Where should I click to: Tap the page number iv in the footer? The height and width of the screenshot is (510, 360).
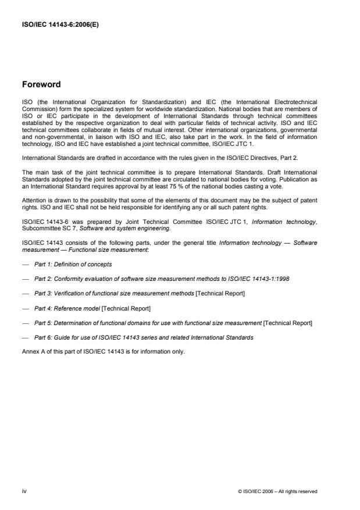(x=24, y=491)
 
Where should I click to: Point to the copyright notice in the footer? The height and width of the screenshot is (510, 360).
(x=278, y=491)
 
